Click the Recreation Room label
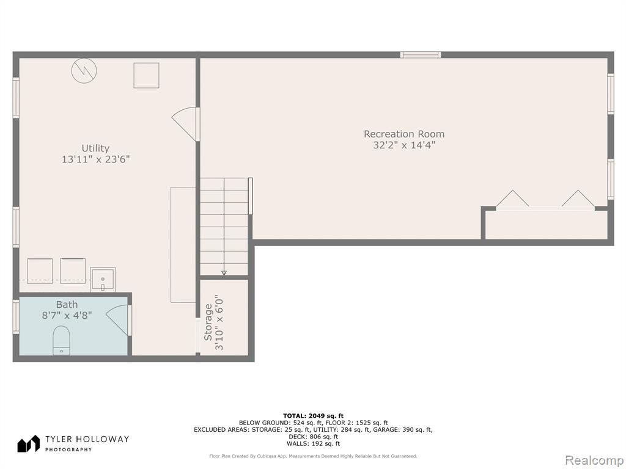coord(403,134)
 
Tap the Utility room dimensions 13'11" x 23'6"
coord(95,159)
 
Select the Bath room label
coord(67,305)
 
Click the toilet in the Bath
coord(62,340)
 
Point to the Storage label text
coord(208,322)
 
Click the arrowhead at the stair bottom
coord(224,273)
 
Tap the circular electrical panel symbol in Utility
coord(84,71)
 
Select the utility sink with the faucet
coord(103,280)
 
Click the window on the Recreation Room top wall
coord(421,54)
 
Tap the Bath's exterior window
coord(16,317)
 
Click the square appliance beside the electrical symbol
coord(147,75)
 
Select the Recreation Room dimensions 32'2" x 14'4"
coord(403,145)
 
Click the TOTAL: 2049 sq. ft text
coord(313,415)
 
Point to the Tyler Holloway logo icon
coord(28,443)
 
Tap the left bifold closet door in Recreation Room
coord(512,199)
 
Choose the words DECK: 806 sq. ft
coord(313,437)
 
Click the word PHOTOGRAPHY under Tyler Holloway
coord(68,449)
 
